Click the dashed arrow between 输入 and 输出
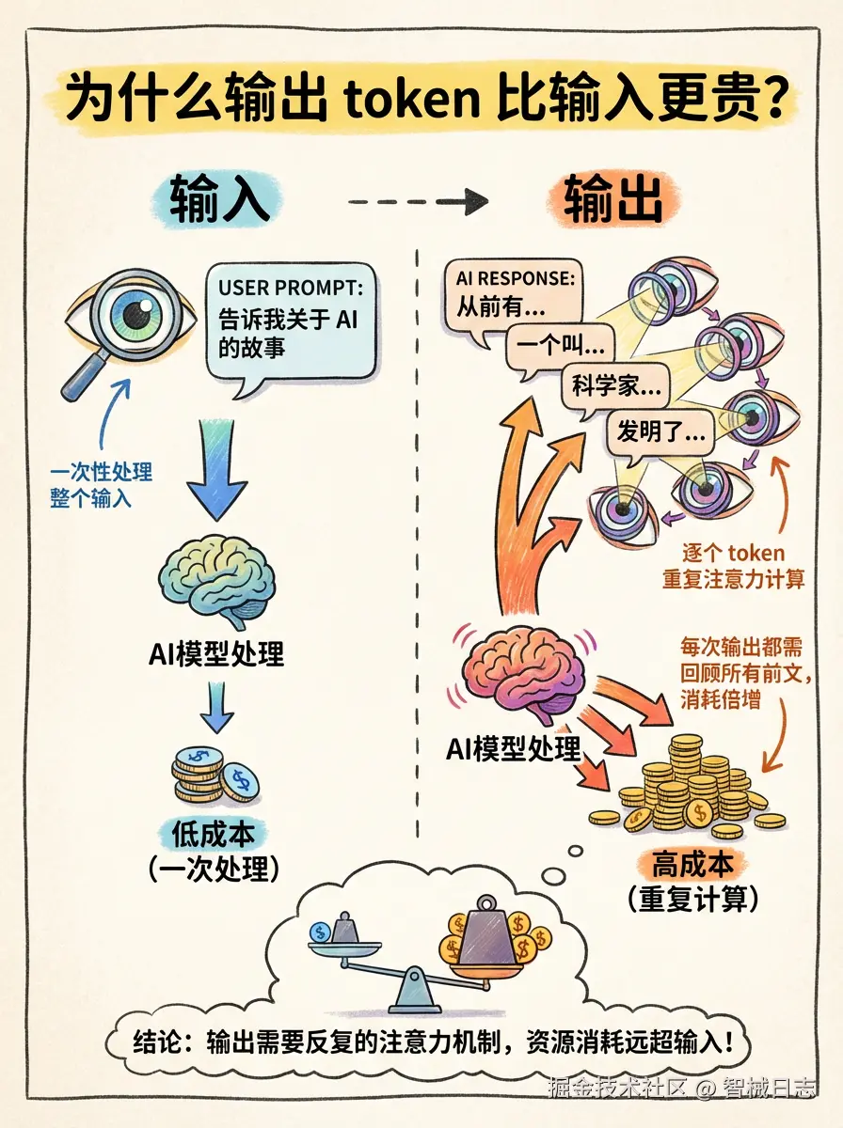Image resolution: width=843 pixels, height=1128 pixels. click(418, 200)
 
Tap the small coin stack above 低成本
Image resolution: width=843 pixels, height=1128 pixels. click(215, 774)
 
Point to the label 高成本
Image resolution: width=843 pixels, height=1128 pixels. click(692, 863)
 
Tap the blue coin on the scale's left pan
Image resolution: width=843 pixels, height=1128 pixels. click(320, 932)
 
